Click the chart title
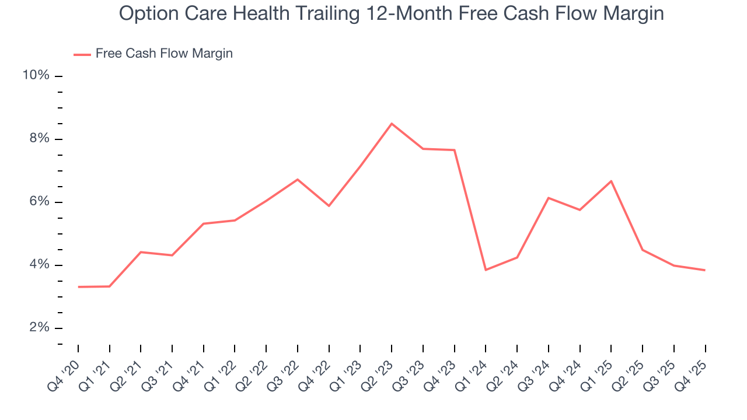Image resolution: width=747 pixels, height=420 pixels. (x=391, y=13)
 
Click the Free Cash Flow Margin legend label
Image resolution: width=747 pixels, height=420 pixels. (x=164, y=54)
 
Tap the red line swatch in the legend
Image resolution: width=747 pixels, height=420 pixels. (x=82, y=54)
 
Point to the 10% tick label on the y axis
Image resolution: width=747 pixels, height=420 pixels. (x=36, y=76)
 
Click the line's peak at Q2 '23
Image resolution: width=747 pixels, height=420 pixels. (x=392, y=124)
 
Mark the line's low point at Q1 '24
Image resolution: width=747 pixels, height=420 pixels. (x=486, y=269)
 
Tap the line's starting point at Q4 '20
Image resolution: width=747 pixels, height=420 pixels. (x=78, y=287)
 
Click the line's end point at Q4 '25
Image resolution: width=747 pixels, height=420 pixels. (x=705, y=270)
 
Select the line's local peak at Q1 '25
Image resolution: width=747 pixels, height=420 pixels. (x=611, y=181)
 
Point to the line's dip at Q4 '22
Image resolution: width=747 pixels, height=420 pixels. (x=329, y=206)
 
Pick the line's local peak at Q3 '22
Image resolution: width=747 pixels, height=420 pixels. (x=298, y=179)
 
